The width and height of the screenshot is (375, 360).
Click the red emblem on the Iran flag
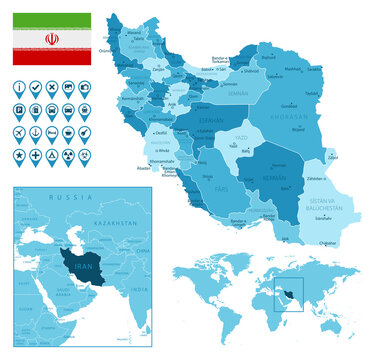[x=51, y=39]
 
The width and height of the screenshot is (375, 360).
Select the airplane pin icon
[x=20, y=132]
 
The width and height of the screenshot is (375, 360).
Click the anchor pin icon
[x=36, y=132]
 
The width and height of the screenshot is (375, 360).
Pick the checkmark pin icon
[x=36, y=88]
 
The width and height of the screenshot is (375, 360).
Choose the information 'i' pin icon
[x=20, y=88]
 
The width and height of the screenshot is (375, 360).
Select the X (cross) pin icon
[x=52, y=88]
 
